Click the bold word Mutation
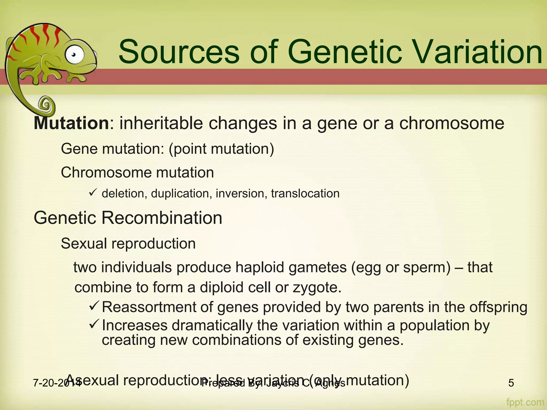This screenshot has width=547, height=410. (71, 123)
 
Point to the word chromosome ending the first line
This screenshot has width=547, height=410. (452, 123)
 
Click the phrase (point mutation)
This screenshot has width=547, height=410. (221, 148)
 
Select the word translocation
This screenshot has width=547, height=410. (305, 193)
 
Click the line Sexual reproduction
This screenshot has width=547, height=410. (128, 243)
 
